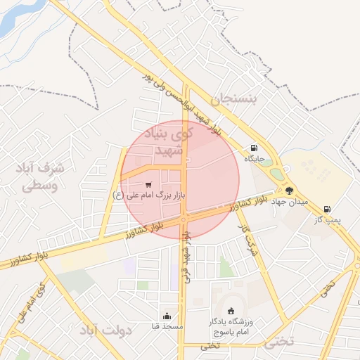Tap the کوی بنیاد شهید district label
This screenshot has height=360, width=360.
coord(167,141)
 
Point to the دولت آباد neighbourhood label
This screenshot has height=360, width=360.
coord(106,330)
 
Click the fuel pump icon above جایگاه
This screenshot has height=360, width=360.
coord(254,148)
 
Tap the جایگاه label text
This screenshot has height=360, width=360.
coord(254,159)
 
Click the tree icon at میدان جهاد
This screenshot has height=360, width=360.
coord(288,190)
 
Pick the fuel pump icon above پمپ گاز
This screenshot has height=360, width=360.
coord(327,209)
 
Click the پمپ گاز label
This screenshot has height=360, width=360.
coord(327,220)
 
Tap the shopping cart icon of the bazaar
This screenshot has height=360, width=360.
coord(148,184)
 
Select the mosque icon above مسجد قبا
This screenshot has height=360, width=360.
coord(167,316)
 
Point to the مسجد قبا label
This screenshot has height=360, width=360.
coord(167,326)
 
